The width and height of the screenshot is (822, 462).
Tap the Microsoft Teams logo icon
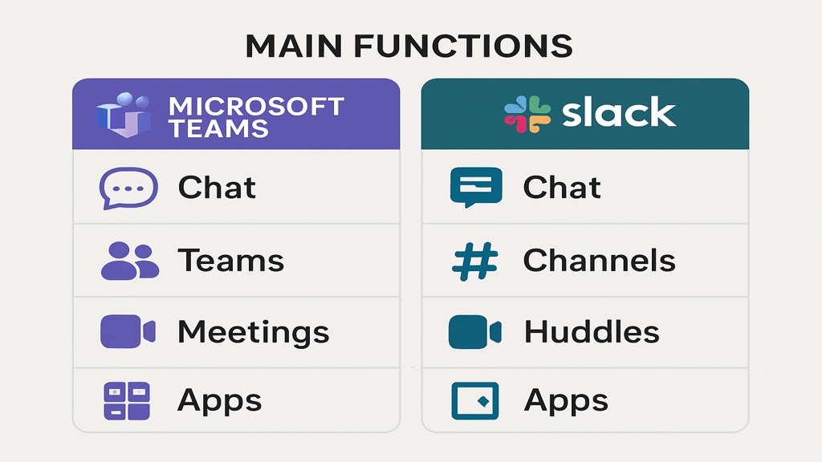[123, 115]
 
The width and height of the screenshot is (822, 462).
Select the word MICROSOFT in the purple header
[256, 107]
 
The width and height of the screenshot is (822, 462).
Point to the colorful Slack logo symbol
[527, 114]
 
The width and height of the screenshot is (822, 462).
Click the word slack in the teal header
[619, 113]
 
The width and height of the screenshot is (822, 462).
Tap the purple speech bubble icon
[128, 188]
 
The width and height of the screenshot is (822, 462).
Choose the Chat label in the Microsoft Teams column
[217, 188]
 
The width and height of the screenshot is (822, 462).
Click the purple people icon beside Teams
[129, 261]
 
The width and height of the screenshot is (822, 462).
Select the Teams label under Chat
[230, 261]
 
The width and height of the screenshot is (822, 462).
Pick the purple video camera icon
[128, 332]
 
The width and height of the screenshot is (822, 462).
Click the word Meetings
[253, 332]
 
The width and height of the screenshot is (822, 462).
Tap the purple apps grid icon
[127, 401]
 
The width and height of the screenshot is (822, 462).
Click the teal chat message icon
[475, 187]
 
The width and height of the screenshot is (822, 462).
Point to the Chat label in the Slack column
[562, 188]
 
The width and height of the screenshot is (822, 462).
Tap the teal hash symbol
[475, 261]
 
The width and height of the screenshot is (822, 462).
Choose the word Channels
[599, 261]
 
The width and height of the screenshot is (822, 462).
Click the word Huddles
[592, 332]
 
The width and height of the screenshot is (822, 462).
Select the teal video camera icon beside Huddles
[474, 332]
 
